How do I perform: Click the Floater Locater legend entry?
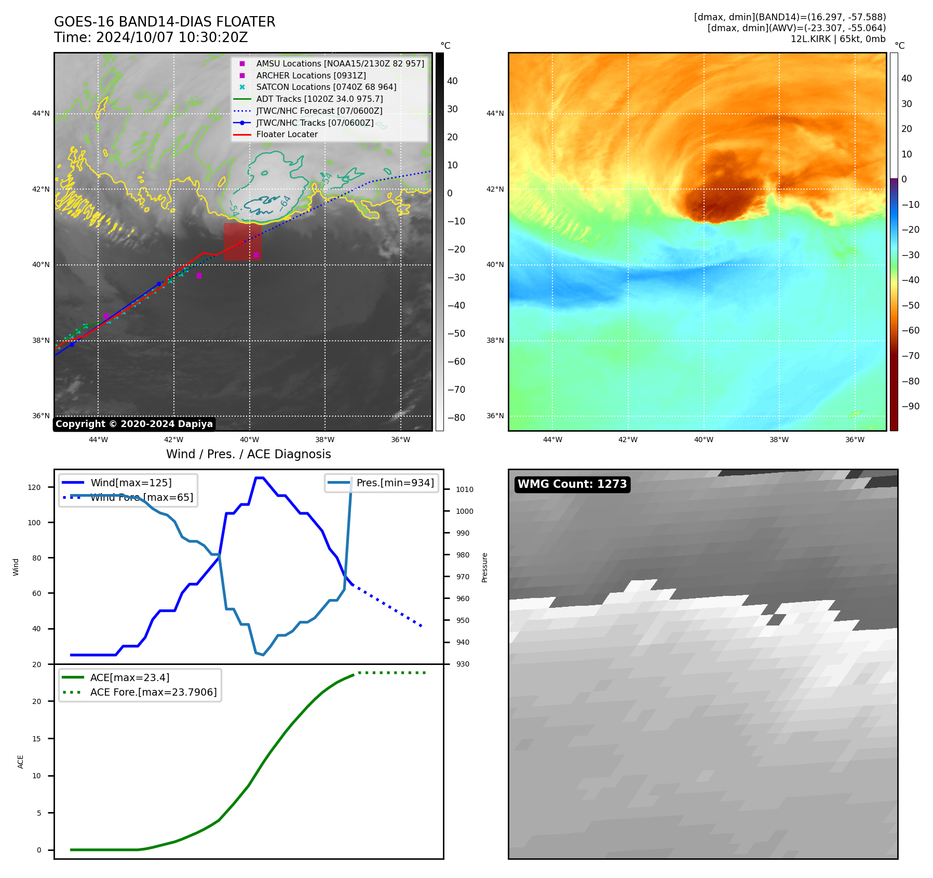pos(287,135)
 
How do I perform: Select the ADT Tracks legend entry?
pos(319,99)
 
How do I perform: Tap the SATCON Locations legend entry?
pos(326,87)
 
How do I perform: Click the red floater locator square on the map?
pos(242,242)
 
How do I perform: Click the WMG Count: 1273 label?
pos(572,484)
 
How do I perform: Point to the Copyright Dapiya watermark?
pos(134,424)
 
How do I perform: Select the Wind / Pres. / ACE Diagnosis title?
pos(248,454)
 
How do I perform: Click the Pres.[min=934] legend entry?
pos(395,483)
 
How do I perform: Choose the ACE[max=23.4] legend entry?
pos(130,677)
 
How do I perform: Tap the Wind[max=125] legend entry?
pos(131,483)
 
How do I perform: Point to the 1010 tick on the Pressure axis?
pos(464,489)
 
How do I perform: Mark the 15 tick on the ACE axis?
pos(36,739)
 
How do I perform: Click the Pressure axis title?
pos(484,567)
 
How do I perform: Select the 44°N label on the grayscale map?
pos(41,113)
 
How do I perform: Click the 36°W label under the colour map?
pos(854,440)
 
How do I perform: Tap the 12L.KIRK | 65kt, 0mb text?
pos(837,39)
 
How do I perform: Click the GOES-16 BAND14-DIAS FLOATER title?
pos(165,22)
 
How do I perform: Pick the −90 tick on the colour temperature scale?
pos(910,406)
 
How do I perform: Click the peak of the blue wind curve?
pos(259,477)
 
